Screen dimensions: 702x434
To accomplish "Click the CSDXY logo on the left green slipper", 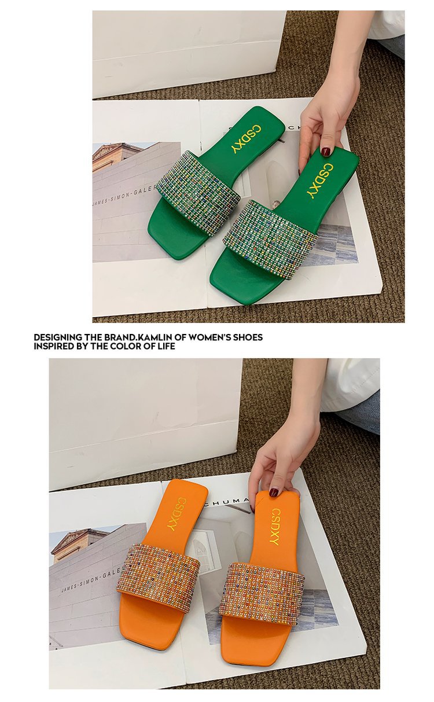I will [x=246, y=139].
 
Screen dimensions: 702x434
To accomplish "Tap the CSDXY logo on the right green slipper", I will [x=320, y=181].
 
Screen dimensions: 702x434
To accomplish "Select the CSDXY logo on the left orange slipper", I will [x=176, y=513].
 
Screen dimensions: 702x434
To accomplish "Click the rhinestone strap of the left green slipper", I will [x=198, y=192].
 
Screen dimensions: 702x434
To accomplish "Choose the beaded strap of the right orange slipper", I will [x=262, y=593].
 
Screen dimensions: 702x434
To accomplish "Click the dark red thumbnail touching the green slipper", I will [x=326, y=152].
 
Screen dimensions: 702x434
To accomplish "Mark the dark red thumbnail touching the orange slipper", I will [x=274, y=492].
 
